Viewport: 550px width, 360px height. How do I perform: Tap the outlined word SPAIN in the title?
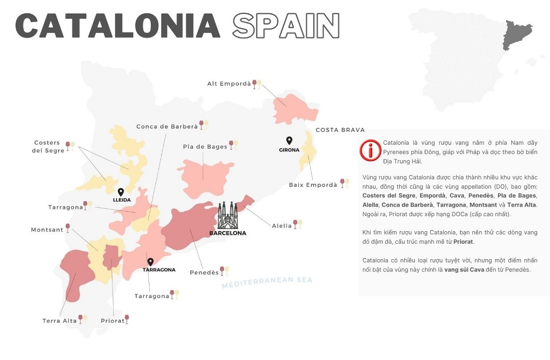[x=286, y=26]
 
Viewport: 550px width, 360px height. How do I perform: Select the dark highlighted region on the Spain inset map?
[x=517, y=34]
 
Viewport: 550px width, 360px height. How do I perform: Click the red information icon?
[x=370, y=150]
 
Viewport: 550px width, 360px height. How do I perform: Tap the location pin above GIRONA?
[x=289, y=141]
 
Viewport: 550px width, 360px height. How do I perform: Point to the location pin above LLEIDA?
[x=121, y=192]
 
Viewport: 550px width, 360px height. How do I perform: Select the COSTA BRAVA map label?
[x=340, y=130]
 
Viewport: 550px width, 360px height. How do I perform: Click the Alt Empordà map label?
[x=229, y=84]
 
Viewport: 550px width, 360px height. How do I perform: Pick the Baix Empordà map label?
[x=313, y=185]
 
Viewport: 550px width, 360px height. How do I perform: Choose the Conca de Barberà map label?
[x=167, y=126]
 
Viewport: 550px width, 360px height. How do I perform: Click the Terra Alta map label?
[x=60, y=321]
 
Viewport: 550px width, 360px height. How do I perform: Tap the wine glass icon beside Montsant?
[x=68, y=228]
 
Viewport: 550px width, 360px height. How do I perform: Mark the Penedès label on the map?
[x=204, y=273]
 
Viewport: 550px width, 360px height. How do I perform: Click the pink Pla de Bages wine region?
[x=204, y=174]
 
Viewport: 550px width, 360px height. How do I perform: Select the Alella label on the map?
[x=282, y=226]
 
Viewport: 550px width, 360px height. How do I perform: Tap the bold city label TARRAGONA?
[x=159, y=270]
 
